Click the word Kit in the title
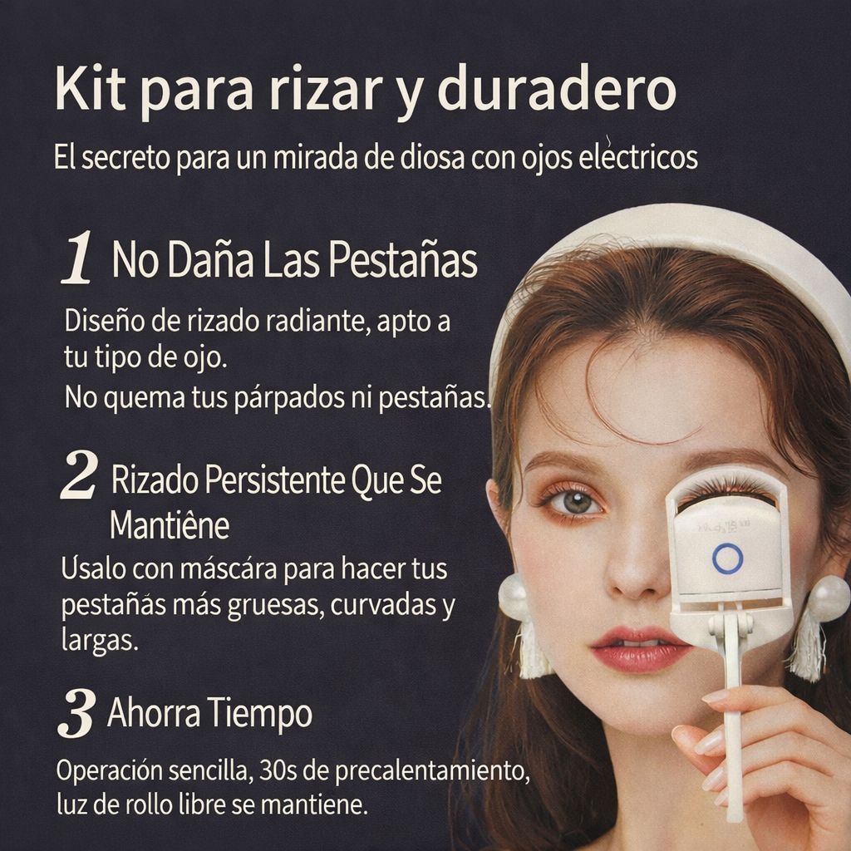pos(91,88)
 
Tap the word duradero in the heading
pos(558,88)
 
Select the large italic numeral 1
pos(76,258)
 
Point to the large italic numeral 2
pos(79,475)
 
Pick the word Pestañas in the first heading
pos(403,260)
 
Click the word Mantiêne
pos(170,525)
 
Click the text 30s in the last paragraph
pos(278,770)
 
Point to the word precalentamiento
pos(432,772)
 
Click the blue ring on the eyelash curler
pos(727,558)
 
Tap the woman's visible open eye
pos(575,502)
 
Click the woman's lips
pos(641,648)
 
